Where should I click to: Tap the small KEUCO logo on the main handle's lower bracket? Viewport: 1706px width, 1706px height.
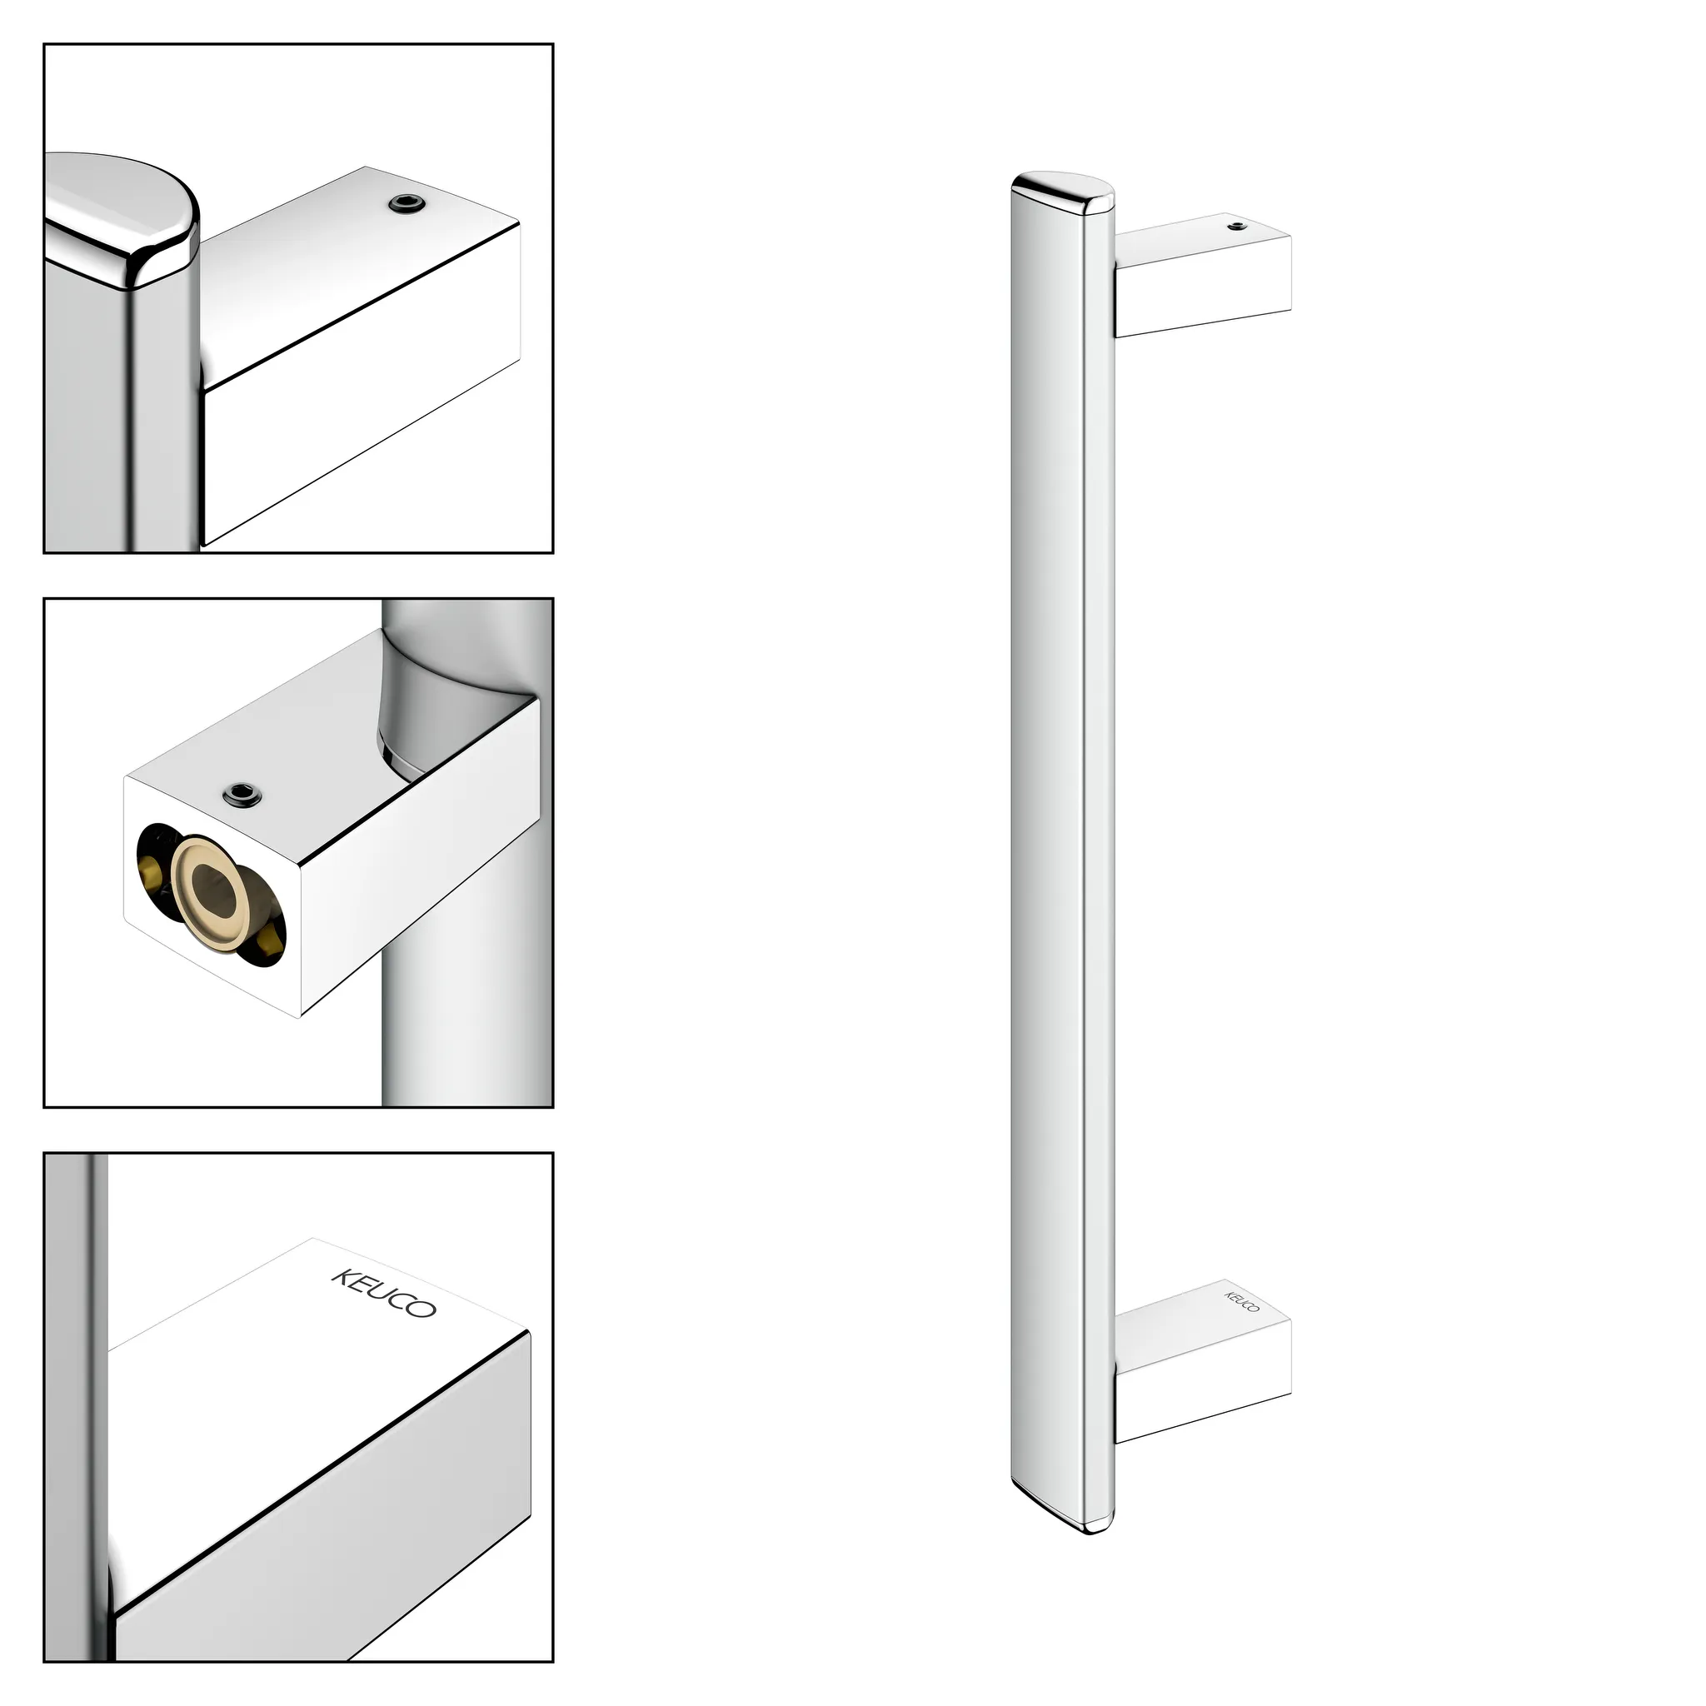(1241, 1302)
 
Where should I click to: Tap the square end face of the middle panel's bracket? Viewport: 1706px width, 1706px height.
(212, 892)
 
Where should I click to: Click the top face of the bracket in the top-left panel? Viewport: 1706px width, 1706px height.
(353, 265)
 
